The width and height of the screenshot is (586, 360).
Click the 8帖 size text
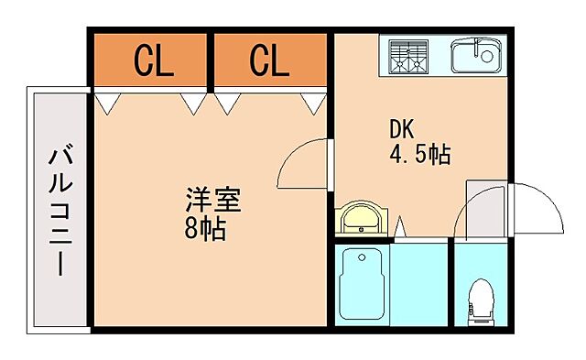coord(204,226)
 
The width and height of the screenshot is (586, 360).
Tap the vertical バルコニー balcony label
coord(58,210)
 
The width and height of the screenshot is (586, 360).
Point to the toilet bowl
coord(481,298)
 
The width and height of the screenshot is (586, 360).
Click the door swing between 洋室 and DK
coord(301,163)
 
